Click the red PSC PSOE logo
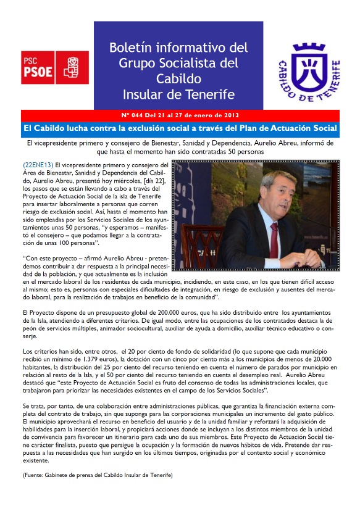[54, 67]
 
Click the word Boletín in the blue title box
[132, 48]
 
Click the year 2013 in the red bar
[229, 115]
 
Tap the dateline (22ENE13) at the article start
[37, 165]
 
